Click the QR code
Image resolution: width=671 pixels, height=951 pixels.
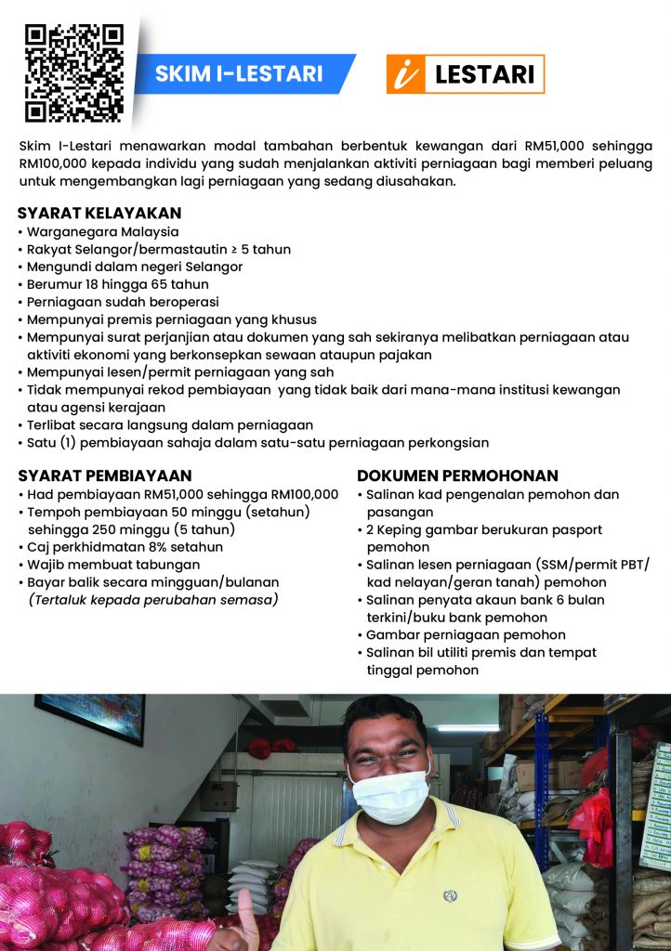[x=73, y=73]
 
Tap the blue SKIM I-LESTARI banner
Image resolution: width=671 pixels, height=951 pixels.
[x=239, y=73]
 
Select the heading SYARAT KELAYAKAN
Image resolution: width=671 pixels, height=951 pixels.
[x=99, y=213]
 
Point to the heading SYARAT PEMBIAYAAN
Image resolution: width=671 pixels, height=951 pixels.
[x=104, y=475]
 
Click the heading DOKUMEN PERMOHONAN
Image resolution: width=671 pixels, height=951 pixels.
[x=457, y=475]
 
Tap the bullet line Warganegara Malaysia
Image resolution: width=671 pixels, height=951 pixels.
[x=102, y=231]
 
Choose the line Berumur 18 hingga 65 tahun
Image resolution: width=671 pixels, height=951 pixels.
[x=117, y=284]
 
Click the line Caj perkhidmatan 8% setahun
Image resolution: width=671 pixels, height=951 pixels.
[x=125, y=547]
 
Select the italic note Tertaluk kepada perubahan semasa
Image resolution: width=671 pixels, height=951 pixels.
[x=153, y=600]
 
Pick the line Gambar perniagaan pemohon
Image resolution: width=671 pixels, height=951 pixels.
[x=465, y=634]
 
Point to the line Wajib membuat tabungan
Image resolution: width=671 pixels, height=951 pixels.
[x=112, y=565]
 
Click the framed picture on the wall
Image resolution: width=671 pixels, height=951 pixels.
[x=90, y=717]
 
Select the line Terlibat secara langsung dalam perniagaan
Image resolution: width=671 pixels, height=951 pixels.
[x=156, y=424]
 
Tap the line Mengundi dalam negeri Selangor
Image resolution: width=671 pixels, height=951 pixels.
[x=135, y=267]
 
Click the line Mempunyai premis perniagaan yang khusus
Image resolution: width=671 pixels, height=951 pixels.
[x=171, y=319]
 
